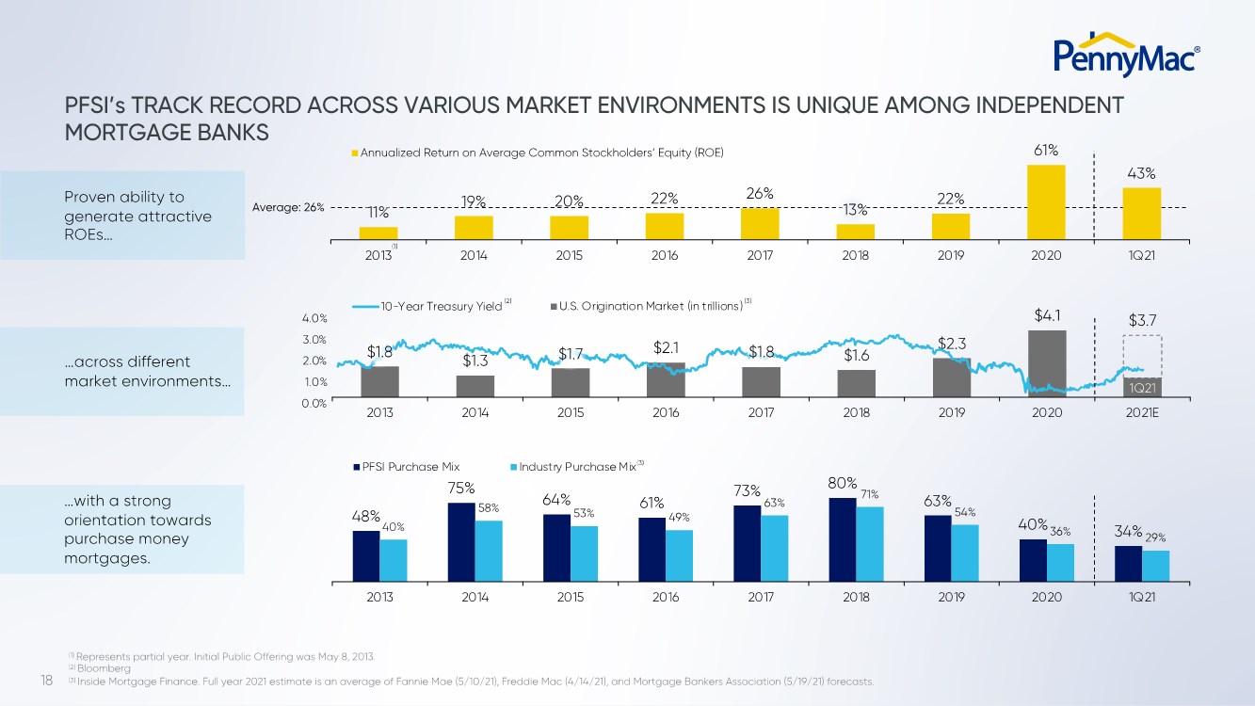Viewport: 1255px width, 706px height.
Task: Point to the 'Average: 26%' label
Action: [288, 208]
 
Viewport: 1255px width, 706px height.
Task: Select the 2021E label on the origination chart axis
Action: [1141, 412]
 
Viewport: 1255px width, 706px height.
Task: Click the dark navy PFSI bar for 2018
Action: [843, 540]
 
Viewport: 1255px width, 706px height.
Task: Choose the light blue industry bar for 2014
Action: [489, 552]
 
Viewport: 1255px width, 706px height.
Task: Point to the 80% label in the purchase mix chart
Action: [842, 484]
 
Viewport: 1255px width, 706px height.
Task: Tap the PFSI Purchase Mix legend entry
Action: [407, 466]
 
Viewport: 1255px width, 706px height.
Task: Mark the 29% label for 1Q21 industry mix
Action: [1156, 538]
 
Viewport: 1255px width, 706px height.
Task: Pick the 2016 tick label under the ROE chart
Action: [665, 255]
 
